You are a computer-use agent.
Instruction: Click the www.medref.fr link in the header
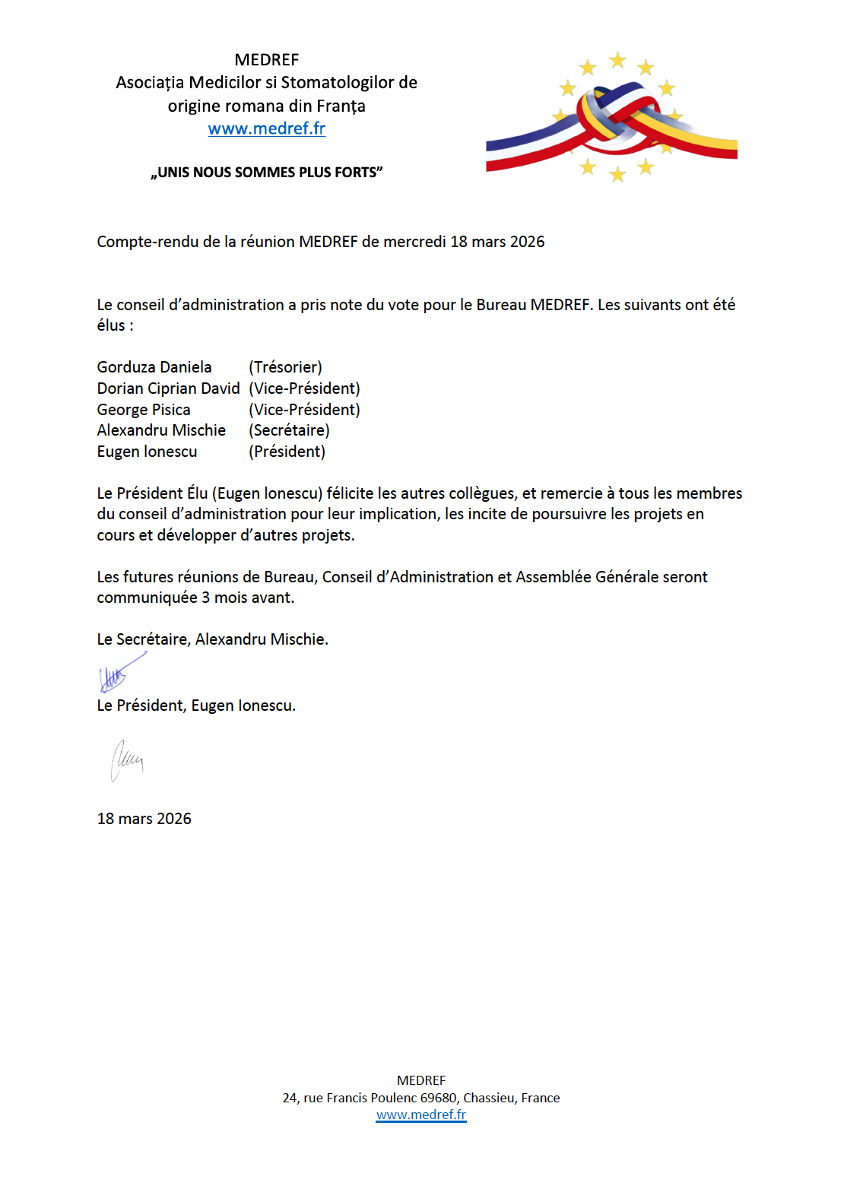[x=267, y=128]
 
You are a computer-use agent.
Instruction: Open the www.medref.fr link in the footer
[x=421, y=1114]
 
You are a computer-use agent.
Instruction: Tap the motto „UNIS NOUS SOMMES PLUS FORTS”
[x=267, y=173]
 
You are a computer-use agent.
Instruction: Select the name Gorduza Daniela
[x=154, y=367]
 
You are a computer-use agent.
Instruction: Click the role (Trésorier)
[x=285, y=367]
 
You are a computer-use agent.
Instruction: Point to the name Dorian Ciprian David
[x=168, y=388]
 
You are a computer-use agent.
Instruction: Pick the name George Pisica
[x=144, y=410]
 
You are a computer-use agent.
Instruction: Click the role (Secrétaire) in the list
[x=289, y=430]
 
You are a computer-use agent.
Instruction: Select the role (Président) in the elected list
[x=287, y=452]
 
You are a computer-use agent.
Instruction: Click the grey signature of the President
[x=127, y=759]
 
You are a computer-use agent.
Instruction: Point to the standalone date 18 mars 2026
[x=144, y=819]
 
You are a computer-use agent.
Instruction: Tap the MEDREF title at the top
[x=267, y=60]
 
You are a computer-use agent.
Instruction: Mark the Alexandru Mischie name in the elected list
[x=161, y=430]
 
